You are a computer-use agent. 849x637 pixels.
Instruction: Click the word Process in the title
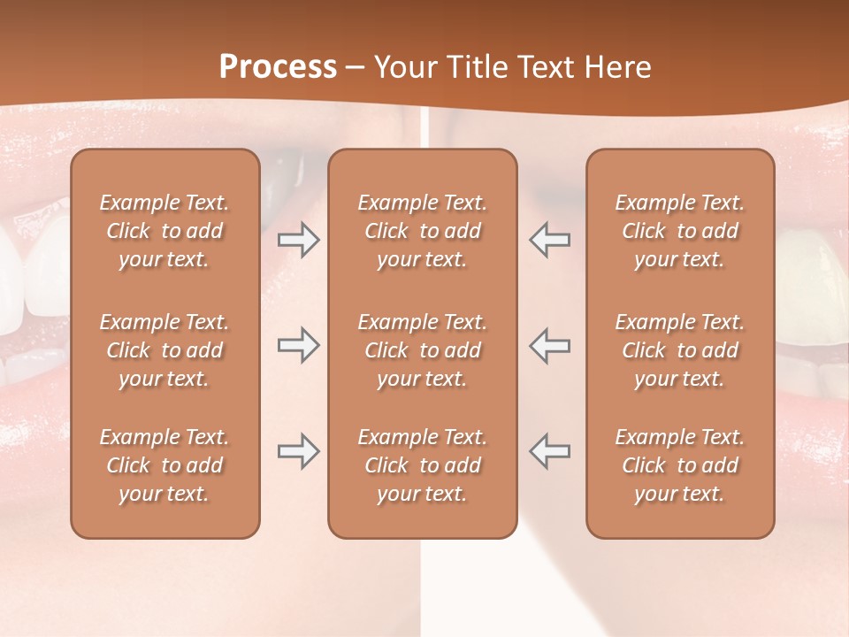coord(278,67)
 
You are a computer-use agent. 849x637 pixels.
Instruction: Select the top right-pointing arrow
coord(298,240)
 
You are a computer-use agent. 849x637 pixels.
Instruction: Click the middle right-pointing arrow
coord(298,345)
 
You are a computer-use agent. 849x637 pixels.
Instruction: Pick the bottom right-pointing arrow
coord(298,451)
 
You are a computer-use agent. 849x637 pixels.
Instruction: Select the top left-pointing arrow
coord(550,240)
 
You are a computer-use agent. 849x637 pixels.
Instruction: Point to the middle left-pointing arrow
coord(550,345)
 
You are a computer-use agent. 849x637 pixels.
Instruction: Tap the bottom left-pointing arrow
coord(550,451)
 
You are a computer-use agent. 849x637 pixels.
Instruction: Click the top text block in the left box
coord(164,231)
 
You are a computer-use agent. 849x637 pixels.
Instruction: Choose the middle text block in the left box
coord(164,350)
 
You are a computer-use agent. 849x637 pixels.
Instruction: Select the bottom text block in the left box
coord(164,465)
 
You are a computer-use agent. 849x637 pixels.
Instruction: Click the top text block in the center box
coord(423,231)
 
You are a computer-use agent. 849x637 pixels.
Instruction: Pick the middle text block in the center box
coord(423,350)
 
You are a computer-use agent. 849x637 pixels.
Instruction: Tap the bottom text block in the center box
coord(423,465)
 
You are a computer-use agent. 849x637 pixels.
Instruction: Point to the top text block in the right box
coord(680,231)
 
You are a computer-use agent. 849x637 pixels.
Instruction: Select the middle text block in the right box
coord(680,350)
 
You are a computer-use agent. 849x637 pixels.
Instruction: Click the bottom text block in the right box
coord(680,465)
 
